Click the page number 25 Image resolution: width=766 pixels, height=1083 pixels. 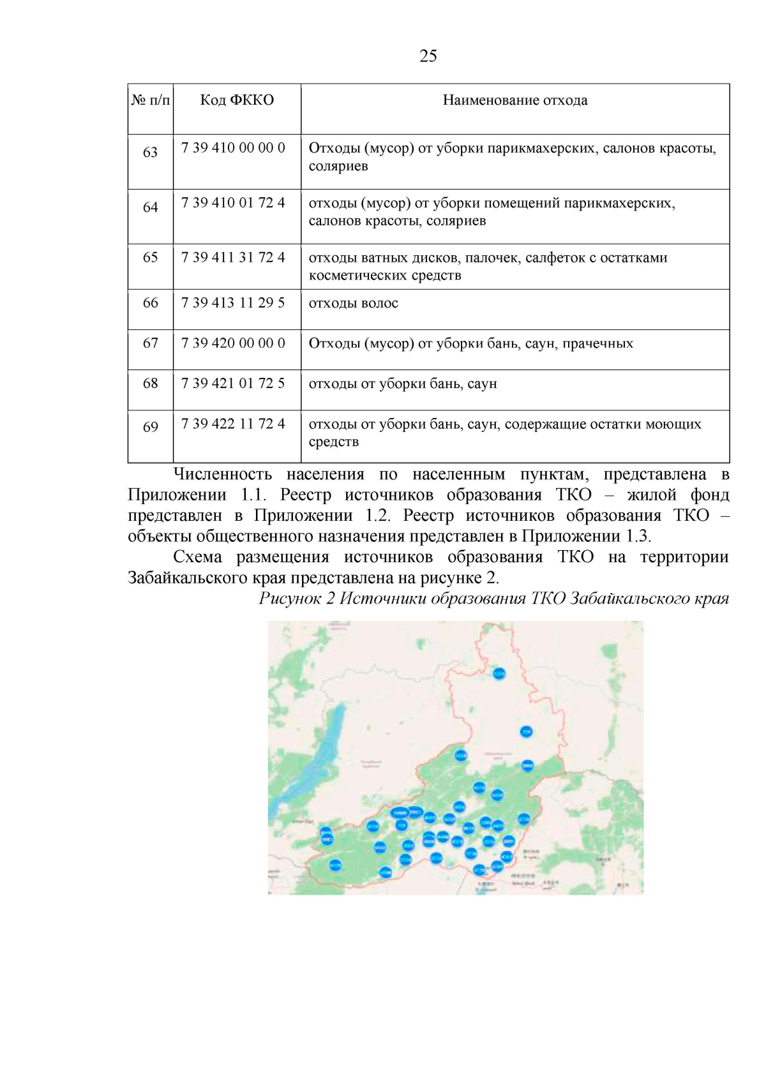click(x=428, y=56)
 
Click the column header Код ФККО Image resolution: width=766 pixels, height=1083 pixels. click(x=237, y=100)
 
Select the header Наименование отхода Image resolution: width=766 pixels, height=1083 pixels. click(x=515, y=100)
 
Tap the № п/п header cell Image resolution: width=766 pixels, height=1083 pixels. click(x=151, y=100)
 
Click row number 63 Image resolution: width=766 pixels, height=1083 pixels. click(x=150, y=153)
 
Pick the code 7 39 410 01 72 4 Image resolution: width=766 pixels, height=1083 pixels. click(x=233, y=203)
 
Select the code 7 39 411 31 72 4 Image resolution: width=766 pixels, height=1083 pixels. click(x=233, y=258)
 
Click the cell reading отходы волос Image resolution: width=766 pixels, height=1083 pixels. click(x=353, y=303)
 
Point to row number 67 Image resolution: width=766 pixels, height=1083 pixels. click(x=150, y=343)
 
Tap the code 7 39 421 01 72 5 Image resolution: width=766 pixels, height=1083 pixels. click(x=233, y=384)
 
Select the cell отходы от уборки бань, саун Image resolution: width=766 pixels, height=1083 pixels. click(x=402, y=384)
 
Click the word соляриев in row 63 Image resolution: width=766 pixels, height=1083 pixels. click(x=338, y=167)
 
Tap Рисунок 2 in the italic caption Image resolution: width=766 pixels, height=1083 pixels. click(x=296, y=599)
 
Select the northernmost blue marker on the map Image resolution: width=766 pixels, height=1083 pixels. click(x=499, y=673)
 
